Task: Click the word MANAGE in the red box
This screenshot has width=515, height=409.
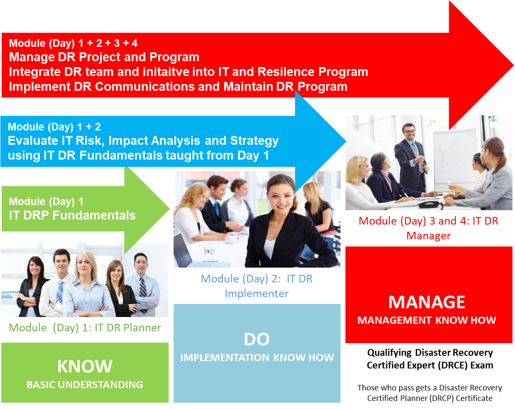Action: [x=427, y=302]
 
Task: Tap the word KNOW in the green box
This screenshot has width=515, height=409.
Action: [x=85, y=366]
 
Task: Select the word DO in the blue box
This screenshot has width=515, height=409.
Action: [x=257, y=339]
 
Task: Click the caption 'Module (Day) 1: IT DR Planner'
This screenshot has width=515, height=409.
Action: [x=85, y=328]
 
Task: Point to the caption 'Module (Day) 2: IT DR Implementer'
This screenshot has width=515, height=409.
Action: [x=257, y=286]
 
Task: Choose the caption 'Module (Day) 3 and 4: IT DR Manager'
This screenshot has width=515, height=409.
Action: [x=428, y=228]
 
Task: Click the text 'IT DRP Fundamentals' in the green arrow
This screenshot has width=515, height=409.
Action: [x=72, y=215]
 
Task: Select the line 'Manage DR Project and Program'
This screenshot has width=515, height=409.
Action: [x=104, y=57]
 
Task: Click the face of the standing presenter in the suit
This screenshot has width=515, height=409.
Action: [x=409, y=132]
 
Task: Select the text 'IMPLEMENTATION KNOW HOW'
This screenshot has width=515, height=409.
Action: [x=257, y=358]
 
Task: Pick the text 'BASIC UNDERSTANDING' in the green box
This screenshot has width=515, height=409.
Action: [x=85, y=385]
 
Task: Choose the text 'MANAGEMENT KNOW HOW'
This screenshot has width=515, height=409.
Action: [x=427, y=320]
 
